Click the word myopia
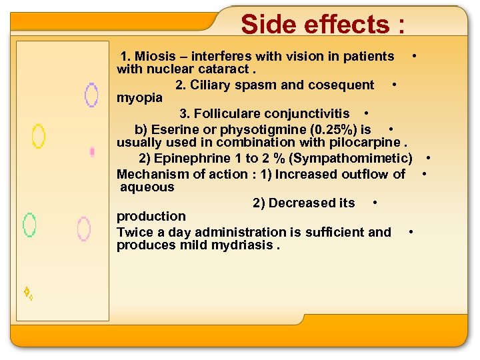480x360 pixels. (139, 97)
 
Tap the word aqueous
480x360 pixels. (147, 187)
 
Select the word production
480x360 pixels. (151, 216)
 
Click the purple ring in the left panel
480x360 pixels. (91, 95)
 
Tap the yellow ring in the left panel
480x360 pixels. (39, 136)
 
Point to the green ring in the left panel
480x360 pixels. (29, 225)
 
